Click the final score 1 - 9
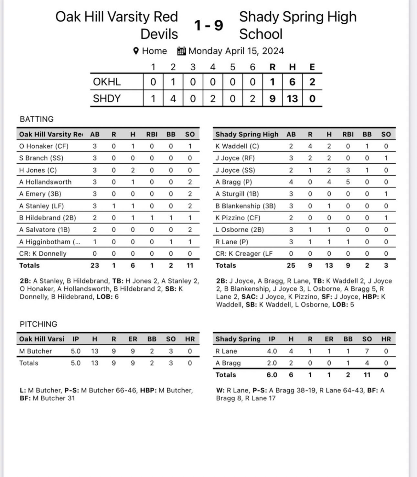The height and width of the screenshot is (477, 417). coord(208,25)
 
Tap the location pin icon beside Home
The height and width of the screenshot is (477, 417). coord(136,51)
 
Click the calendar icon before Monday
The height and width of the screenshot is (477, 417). coord(181,51)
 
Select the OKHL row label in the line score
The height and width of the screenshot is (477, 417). coord(107,82)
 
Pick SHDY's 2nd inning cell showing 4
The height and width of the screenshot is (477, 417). coord(173,98)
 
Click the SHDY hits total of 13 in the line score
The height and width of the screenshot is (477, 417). coord(292,98)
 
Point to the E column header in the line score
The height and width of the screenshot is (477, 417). coord(312,67)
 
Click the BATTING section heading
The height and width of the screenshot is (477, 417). coord(37,119)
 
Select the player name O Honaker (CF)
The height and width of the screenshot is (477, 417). coord(44,146)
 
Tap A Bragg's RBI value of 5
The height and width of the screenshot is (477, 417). coord(348,182)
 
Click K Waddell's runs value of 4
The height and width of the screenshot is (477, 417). coord(310,146)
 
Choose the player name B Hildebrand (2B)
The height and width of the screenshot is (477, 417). coord(48,218)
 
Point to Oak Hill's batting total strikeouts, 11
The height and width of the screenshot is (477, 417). coord(190,265)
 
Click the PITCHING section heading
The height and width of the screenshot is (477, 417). coord(38,324)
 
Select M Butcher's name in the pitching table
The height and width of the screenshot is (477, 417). coord(36,351)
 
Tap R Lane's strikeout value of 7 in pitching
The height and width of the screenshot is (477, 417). coord(367,351)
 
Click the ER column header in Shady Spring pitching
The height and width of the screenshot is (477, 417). coord(329,339)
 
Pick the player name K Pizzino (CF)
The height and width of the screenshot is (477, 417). coord(238,218)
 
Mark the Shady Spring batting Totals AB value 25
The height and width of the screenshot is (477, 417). coord(291,265)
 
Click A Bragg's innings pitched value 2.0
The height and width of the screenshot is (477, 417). coord(272,363)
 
